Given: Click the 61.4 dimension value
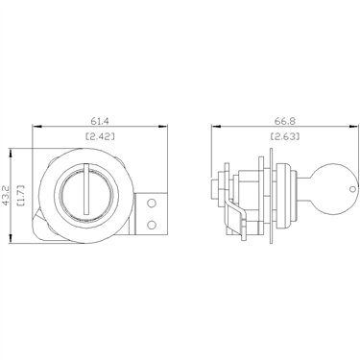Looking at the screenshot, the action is tap(100, 121).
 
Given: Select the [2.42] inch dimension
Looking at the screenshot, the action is tap(100, 136).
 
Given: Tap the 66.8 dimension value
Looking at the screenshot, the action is tap(285, 121).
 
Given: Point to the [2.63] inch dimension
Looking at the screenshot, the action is tap(285, 136).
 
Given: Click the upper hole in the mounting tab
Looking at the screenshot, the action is tap(152, 203).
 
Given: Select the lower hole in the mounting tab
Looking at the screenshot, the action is tap(152, 225).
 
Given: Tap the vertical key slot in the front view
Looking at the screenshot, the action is tap(86, 189).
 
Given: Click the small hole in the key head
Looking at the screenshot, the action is tap(352, 189).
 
